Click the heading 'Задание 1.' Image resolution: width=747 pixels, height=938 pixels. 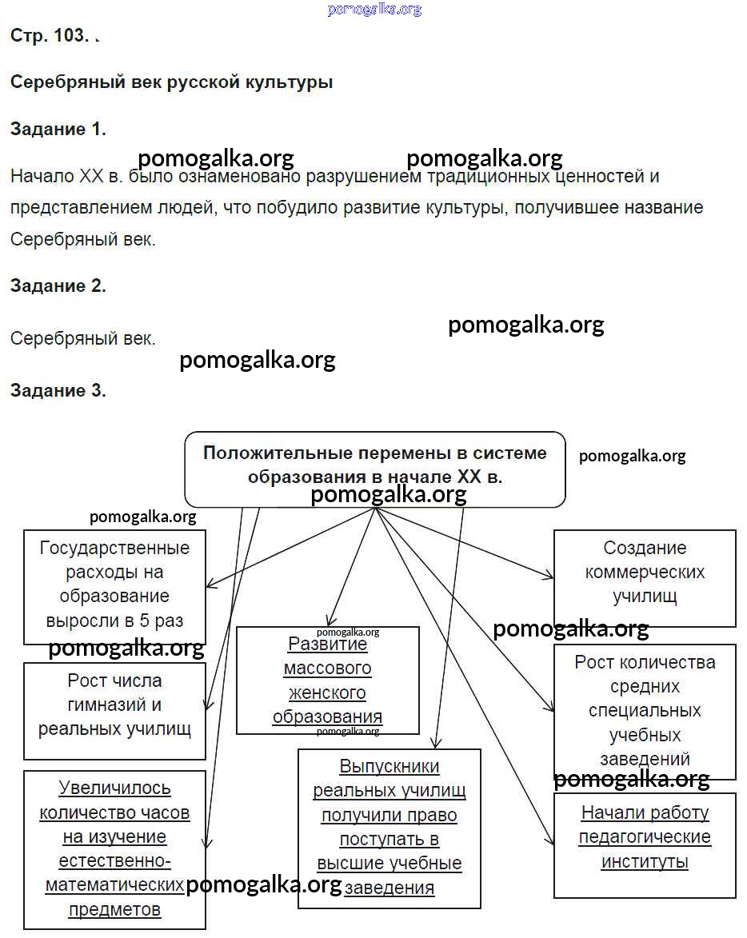58,129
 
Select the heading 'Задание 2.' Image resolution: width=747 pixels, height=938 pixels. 58,285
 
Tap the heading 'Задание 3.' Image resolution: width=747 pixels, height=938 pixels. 58,390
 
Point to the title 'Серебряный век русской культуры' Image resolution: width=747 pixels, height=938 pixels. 171,82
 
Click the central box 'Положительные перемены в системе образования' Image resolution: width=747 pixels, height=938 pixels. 374,465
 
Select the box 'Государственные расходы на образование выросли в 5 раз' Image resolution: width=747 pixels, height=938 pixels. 114,585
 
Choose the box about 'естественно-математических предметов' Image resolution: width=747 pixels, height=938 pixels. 114,848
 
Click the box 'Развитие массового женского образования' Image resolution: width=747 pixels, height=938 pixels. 327,680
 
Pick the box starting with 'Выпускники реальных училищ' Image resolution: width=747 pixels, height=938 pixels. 389,827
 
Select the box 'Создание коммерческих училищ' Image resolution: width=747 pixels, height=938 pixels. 644,573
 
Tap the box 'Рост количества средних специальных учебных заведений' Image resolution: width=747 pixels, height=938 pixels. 644,710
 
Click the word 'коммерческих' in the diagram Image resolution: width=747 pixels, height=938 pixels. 645,573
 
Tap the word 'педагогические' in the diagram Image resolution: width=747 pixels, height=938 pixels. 645,837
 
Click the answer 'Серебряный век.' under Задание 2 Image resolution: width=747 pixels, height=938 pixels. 83,338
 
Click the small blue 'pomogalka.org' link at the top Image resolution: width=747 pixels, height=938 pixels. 373,10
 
